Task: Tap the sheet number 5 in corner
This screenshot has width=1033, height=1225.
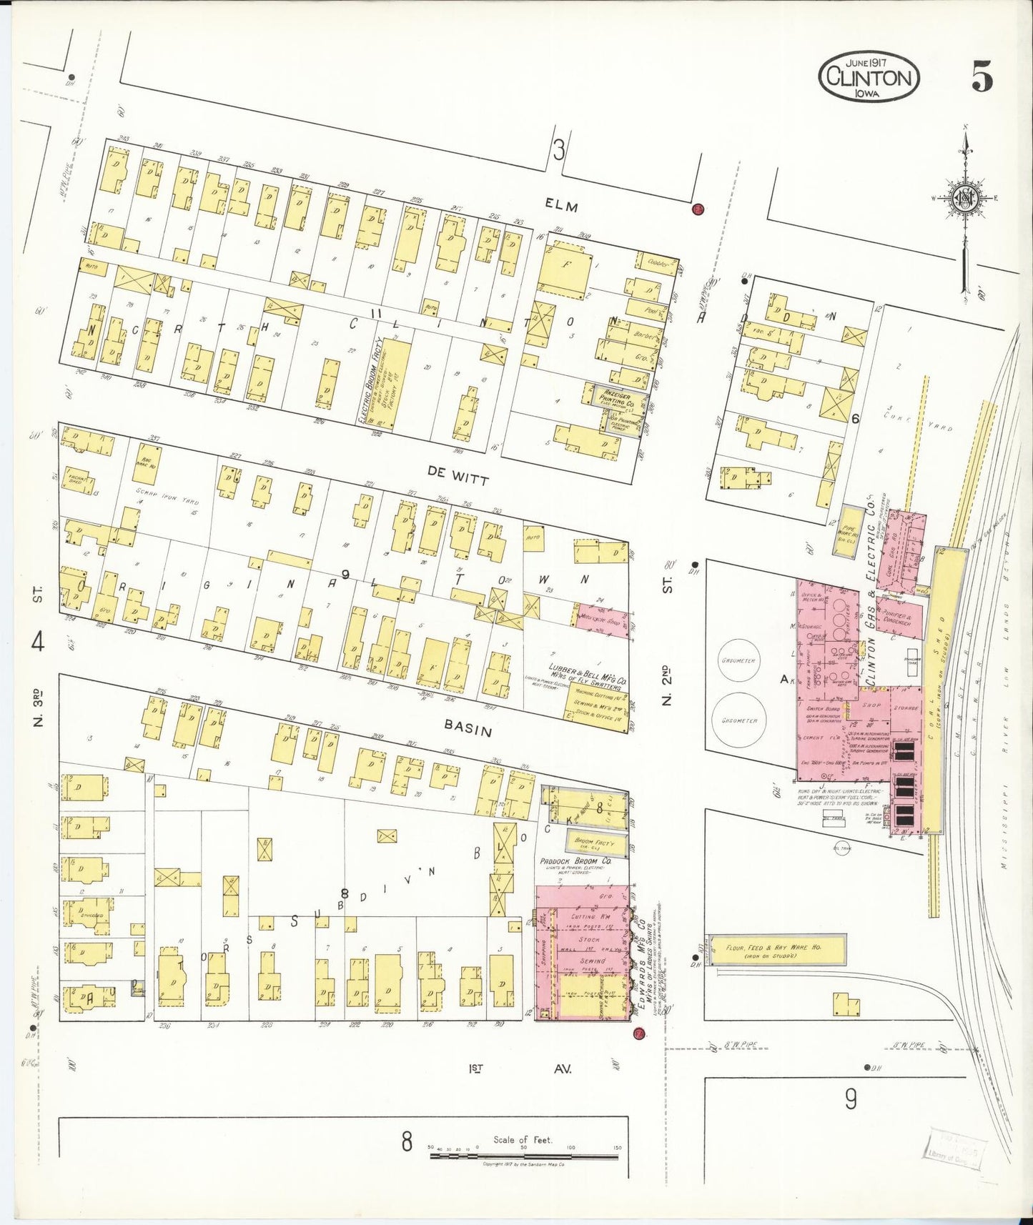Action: pyautogui.click(x=982, y=76)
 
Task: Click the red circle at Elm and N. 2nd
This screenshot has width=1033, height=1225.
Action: pyautogui.click(x=698, y=209)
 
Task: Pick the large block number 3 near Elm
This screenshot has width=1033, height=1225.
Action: pyautogui.click(x=558, y=150)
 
